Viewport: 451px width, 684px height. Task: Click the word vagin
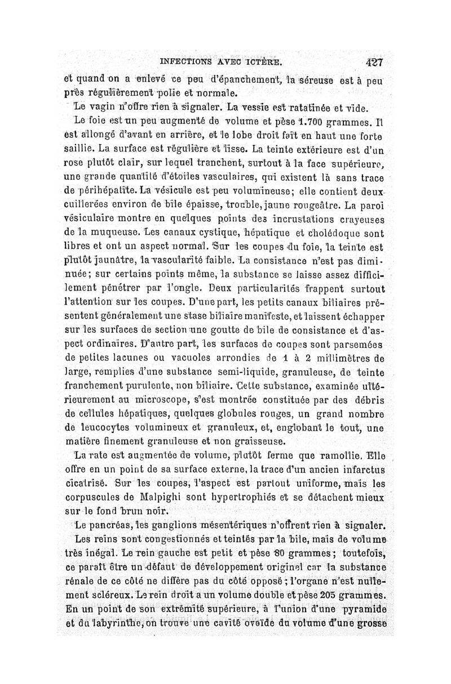pos(114,107)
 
